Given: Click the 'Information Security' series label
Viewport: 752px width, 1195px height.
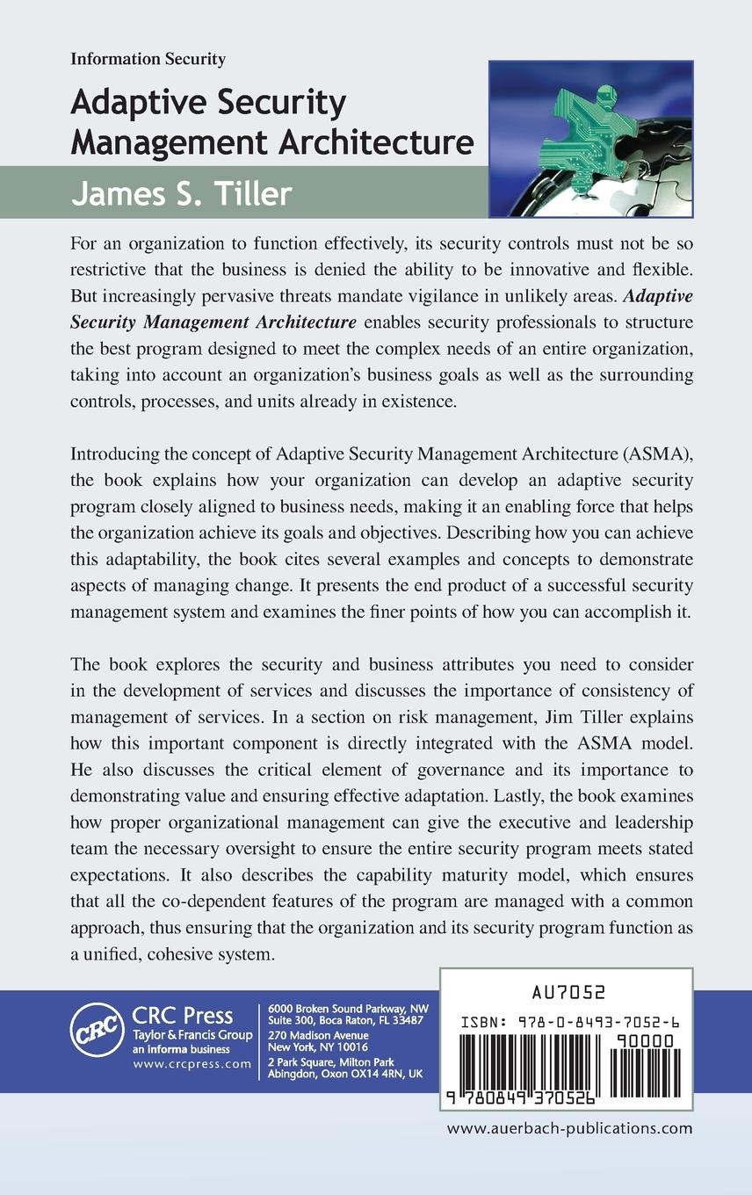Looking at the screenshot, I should pos(148,60).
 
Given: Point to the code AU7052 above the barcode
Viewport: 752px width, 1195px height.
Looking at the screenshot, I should pos(568,992).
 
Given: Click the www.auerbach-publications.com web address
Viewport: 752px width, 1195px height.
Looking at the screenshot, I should pos(569,1129).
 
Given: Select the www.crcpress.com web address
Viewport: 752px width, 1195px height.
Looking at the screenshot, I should pos(192,1063).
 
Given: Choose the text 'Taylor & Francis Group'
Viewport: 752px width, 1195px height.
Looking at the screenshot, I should pos(192,1036).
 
